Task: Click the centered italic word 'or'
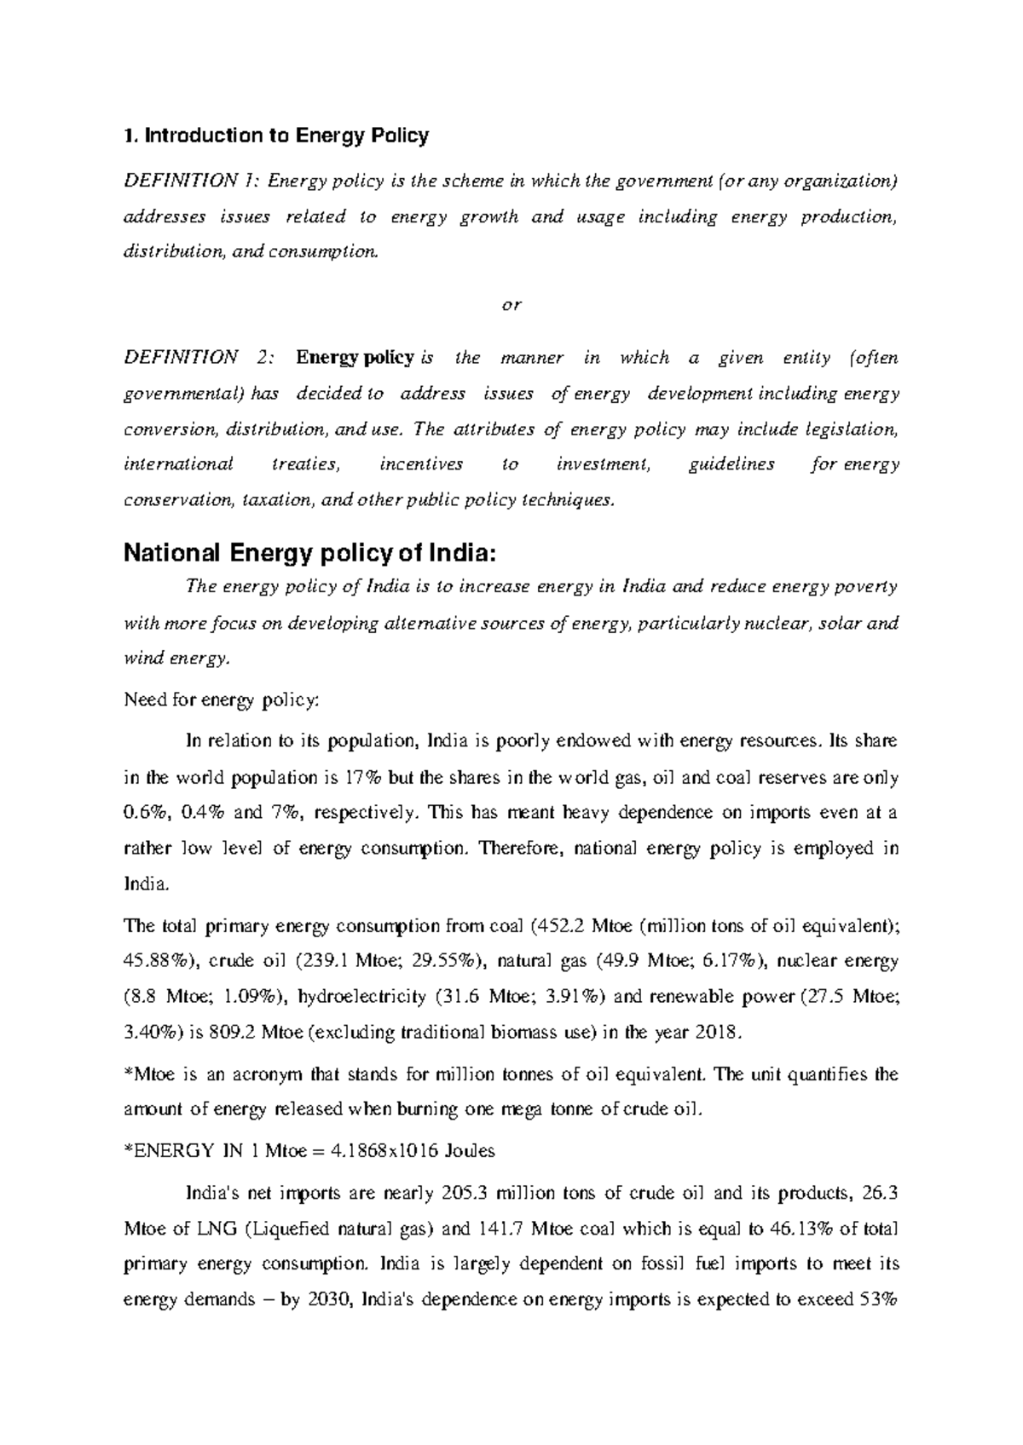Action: tap(511, 305)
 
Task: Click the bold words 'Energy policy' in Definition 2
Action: tap(355, 358)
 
